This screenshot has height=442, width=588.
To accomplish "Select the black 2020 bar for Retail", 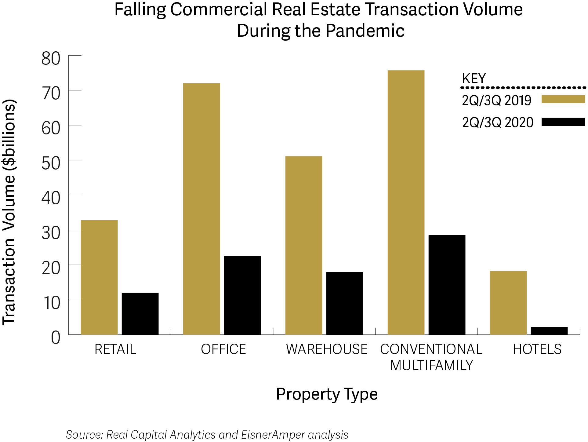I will (x=140, y=314).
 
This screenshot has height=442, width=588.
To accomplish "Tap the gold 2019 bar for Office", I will (x=201, y=209).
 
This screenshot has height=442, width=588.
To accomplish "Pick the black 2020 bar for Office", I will (x=242, y=295).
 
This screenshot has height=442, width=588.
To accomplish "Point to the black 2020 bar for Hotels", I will (x=549, y=331).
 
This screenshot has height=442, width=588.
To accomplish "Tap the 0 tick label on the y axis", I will (x=56, y=338).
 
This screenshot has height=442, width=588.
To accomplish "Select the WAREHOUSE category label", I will (x=327, y=349).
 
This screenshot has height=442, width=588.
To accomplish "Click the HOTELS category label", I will (x=537, y=349).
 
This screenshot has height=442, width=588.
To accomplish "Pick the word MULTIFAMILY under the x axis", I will (x=432, y=365).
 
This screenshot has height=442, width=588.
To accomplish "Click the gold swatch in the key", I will (x=563, y=99).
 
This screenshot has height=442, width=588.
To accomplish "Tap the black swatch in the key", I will (x=563, y=122).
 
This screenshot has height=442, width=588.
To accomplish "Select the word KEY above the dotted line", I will (x=474, y=79).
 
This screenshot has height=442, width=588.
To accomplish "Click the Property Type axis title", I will (x=327, y=394).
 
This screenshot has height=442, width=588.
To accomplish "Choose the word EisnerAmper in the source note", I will (x=273, y=435).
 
